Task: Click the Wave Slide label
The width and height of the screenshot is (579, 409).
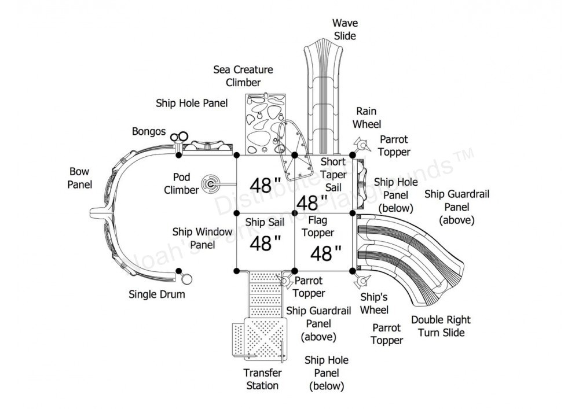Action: pyautogui.click(x=345, y=30)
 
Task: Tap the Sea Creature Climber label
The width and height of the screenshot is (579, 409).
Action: pyautogui.click(x=243, y=76)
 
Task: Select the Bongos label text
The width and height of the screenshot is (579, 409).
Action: pyautogui.click(x=148, y=132)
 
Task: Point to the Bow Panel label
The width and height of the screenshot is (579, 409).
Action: pyautogui.click(x=79, y=178)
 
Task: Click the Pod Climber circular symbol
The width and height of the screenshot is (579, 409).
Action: pyautogui.click(x=209, y=184)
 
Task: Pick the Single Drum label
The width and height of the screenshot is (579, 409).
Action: pyautogui.click(x=156, y=294)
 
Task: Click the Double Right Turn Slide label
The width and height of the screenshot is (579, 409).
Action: pyautogui.click(x=441, y=326)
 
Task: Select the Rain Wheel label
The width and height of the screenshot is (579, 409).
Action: pyautogui.click(x=368, y=117)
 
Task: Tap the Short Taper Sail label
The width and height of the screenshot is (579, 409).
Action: pyautogui.click(x=332, y=174)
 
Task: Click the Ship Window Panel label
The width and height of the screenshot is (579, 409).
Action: pyautogui.click(x=194, y=238)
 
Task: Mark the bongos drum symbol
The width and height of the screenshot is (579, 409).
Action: pyautogui.click(x=179, y=137)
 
